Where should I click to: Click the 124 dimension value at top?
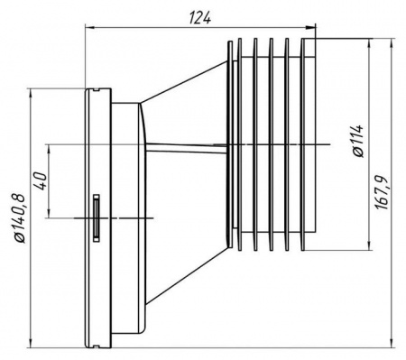tap(200, 18)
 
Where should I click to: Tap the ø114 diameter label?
tap(358, 141)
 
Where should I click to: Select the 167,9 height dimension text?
tap(382, 193)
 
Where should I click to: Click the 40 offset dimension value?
tap(41, 180)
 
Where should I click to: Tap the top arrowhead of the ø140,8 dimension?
tap(30, 94)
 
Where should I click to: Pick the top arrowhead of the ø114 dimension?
tap(369, 44)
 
